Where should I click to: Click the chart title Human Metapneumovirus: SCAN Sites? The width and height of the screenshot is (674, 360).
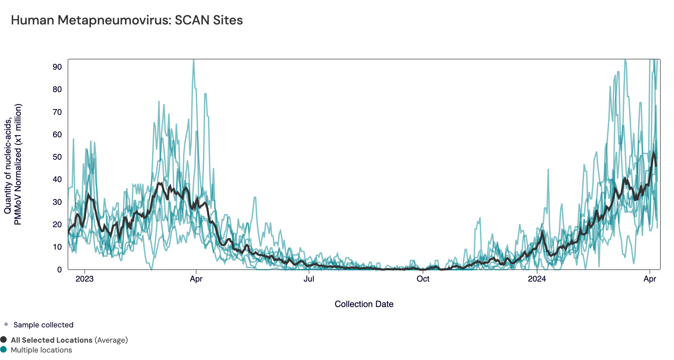click(x=127, y=20)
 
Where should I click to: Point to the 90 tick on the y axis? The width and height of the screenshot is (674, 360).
click(x=57, y=67)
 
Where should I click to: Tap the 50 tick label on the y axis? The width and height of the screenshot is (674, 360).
click(x=57, y=157)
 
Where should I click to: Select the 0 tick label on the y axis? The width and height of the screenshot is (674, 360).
click(x=59, y=270)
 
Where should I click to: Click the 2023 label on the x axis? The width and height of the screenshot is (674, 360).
click(x=84, y=279)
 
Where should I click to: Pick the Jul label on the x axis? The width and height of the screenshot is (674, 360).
click(x=308, y=279)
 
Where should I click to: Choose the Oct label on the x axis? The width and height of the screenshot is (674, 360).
click(x=423, y=279)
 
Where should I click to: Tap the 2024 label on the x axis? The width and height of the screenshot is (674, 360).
click(x=537, y=279)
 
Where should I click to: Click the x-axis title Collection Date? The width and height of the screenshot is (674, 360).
click(x=364, y=304)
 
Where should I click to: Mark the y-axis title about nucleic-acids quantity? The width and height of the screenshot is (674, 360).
click(x=13, y=164)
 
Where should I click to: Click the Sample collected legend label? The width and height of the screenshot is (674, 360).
click(x=43, y=325)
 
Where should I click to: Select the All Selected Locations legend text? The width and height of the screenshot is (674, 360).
click(x=52, y=340)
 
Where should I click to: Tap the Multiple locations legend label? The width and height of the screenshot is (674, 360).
click(x=41, y=350)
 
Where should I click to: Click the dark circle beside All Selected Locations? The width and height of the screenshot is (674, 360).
click(x=4, y=340)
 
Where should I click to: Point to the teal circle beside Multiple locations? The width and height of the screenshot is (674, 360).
click(x=4, y=349)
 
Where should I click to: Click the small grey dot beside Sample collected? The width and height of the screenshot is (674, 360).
click(x=6, y=324)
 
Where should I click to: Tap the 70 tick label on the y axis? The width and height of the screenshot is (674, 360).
click(x=57, y=112)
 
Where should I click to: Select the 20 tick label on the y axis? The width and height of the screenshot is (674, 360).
click(x=57, y=224)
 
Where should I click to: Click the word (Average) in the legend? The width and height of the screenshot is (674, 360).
click(x=111, y=340)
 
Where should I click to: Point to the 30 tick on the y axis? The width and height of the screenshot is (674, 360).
click(x=57, y=202)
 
